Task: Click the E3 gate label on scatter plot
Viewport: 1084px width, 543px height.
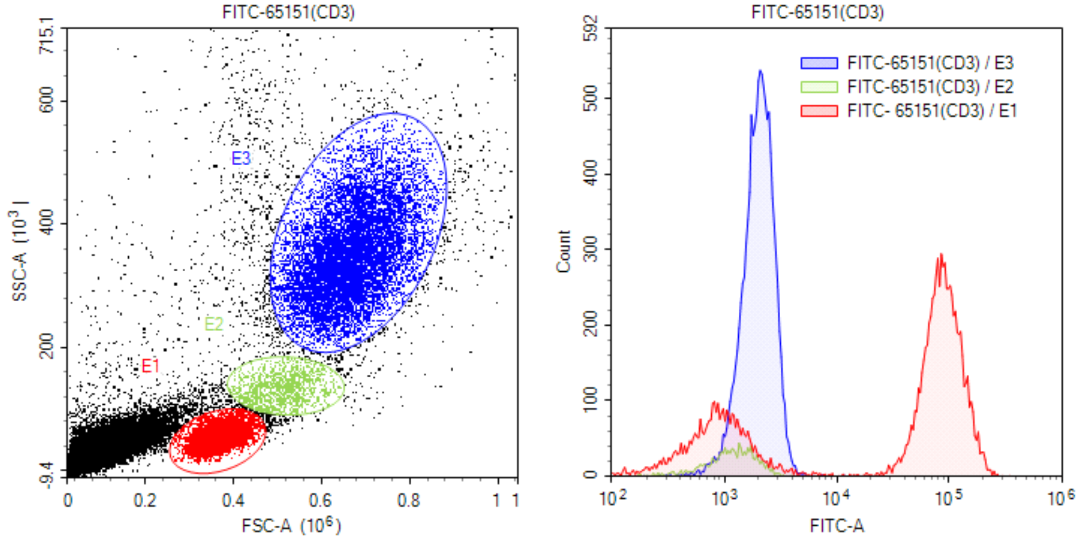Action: (x=241, y=158)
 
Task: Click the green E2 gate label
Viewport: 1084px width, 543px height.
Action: (x=214, y=324)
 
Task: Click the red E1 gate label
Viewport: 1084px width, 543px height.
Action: (x=150, y=366)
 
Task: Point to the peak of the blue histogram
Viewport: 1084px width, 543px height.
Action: (x=760, y=71)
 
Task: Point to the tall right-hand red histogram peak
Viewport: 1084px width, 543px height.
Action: (x=941, y=255)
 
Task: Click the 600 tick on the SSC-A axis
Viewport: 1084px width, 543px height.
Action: (x=47, y=100)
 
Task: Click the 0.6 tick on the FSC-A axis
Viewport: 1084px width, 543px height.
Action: (x=321, y=500)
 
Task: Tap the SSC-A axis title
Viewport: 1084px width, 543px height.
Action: (x=19, y=251)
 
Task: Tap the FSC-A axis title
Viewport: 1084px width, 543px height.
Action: (x=291, y=526)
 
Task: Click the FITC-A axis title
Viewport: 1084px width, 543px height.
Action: (x=837, y=526)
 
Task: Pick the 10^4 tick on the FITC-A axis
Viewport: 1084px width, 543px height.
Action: (x=838, y=498)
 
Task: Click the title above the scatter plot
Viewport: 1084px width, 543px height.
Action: (x=288, y=12)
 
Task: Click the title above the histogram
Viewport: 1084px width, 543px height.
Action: (x=817, y=12)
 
